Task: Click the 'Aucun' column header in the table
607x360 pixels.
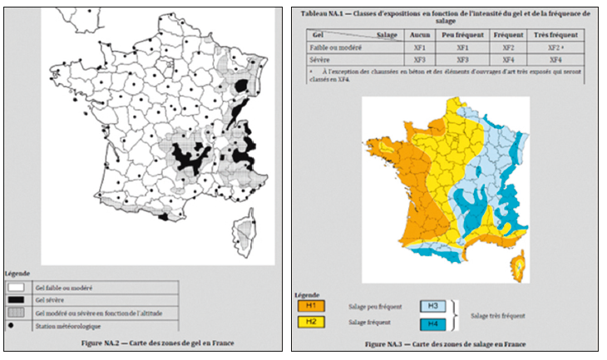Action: (420, 37)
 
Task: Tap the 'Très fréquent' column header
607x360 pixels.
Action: (555, 37)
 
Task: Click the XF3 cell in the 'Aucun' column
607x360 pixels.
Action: (420, 60)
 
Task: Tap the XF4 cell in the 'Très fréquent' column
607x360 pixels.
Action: (555, 60)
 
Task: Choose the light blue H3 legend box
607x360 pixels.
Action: (435, 306)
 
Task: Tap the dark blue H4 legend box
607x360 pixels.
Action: (435, 323)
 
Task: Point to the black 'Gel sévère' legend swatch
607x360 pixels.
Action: (17, 298)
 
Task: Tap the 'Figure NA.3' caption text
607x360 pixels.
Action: (445, 343)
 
